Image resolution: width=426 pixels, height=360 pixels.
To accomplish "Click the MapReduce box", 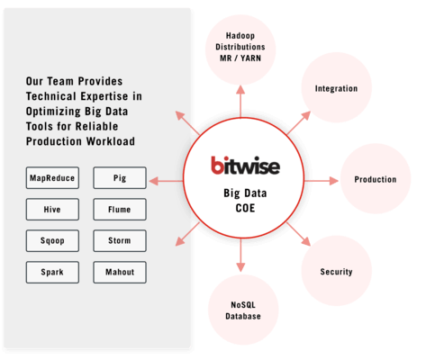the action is tap(52, 178).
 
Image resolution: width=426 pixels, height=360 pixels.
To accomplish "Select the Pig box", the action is tap(120, 178).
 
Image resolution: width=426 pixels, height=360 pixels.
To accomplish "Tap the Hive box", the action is tap(52, 209).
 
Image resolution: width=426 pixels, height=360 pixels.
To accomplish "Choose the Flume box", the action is tap(120, 209).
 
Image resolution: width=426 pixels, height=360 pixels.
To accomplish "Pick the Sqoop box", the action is tap(52, 240).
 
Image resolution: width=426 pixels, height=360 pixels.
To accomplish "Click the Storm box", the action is tap(120, 240).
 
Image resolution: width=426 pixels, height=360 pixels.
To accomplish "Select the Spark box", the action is tap(52, 272).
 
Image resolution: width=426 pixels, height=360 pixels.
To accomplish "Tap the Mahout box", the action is tap(120, 272).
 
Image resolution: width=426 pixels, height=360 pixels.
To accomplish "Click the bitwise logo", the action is tap(245, 166).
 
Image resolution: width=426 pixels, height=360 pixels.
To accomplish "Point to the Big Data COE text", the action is tap(245, 201).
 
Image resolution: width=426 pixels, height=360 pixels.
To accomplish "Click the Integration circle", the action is tap(336, 87).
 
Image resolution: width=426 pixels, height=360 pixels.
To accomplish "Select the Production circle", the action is tap(376, 179).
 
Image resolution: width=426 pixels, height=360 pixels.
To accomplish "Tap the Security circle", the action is tap(336, 271).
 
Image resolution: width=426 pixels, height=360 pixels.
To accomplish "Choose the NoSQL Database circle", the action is tap(243, 310).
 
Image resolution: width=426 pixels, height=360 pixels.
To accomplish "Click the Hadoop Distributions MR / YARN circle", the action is tap(240, 49).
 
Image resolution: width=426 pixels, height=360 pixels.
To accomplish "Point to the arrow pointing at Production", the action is tap(322, 181).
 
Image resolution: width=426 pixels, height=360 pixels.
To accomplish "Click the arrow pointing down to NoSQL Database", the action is tap(240, 255).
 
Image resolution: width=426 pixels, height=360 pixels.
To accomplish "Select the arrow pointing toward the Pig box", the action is tap(166, 181).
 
